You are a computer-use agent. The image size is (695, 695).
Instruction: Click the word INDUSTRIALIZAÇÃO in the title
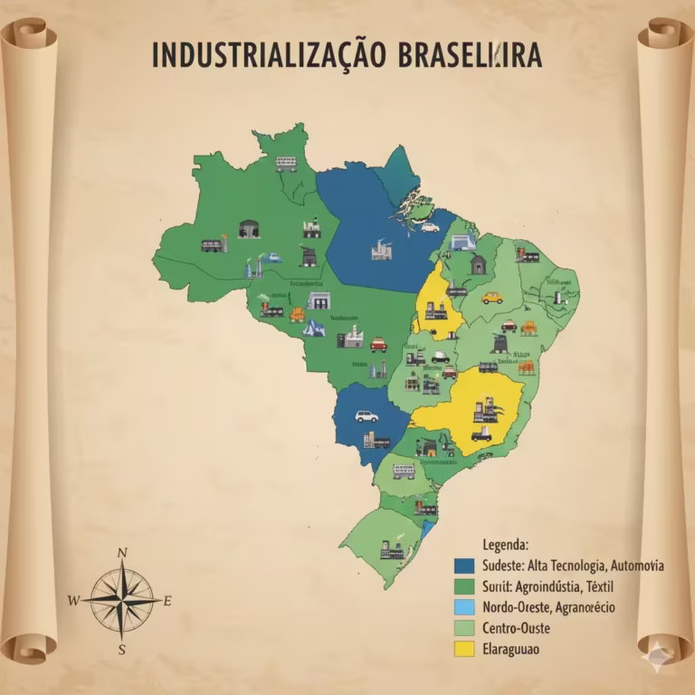tap(269, 55)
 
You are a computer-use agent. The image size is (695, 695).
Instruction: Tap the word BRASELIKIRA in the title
tap(470, 55)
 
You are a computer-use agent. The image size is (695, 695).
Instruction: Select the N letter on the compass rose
tap(122, 553)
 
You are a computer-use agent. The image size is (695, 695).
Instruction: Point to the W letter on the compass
tap(73, 600)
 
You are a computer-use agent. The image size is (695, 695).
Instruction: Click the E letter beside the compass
tap(168, 600)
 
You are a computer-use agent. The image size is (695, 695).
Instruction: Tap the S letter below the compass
tap(121, 648)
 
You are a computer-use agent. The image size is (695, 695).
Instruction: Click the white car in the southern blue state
tap(366, 416)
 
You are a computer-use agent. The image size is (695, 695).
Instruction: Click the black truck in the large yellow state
tap(481, 433)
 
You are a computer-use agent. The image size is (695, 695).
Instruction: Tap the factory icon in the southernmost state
tap(391, 549)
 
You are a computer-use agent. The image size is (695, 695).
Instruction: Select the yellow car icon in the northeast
tap(491, 297)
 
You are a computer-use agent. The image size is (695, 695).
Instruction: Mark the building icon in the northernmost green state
tap(286, 164)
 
